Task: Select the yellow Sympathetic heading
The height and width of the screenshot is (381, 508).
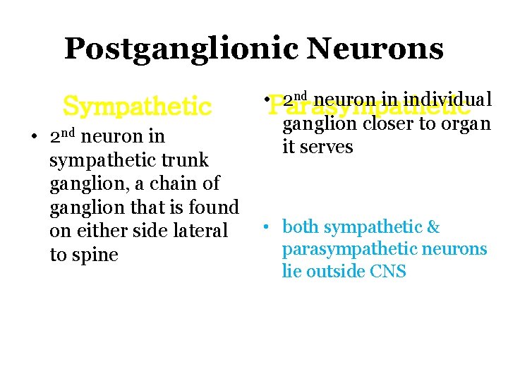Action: coord(137,107)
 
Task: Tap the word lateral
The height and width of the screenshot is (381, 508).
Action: coord(200,231)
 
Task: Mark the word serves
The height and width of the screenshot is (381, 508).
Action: coord(326,147)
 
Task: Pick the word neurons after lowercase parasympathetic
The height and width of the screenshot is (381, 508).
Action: coord(459,249)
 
